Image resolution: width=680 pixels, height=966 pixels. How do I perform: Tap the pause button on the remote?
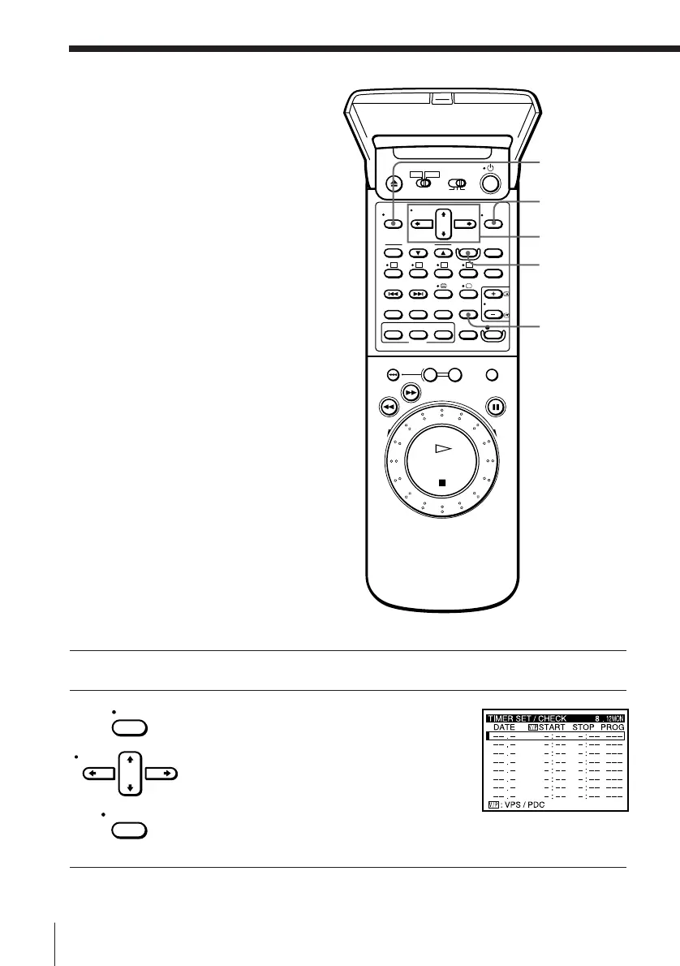click(495, 407)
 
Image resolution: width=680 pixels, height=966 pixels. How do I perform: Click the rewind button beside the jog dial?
click(391, 407)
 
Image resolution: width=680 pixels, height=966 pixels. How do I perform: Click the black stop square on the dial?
click(442, 482)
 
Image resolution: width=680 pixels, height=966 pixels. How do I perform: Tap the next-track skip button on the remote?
click(418, 295)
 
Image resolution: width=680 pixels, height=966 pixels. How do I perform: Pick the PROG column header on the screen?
click(611, 727)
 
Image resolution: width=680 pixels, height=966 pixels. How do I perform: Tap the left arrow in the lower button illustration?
click(99, 774)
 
